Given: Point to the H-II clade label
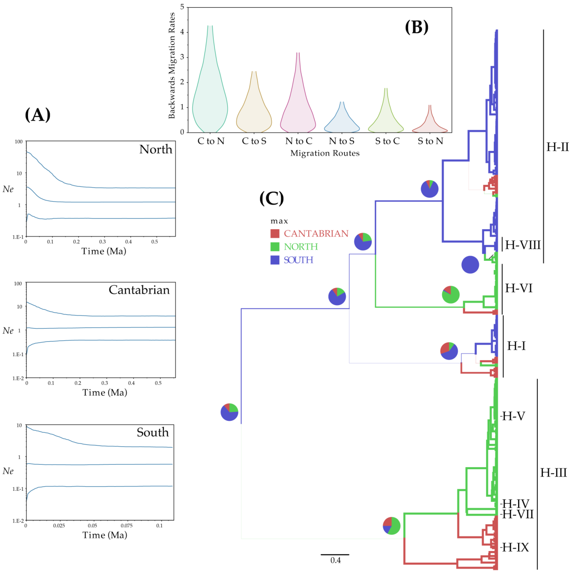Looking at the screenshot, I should [x=557, y=147].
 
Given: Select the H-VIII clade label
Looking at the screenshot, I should [x=523, y=245].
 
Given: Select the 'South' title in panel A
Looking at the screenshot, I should [x=153, y=432].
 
